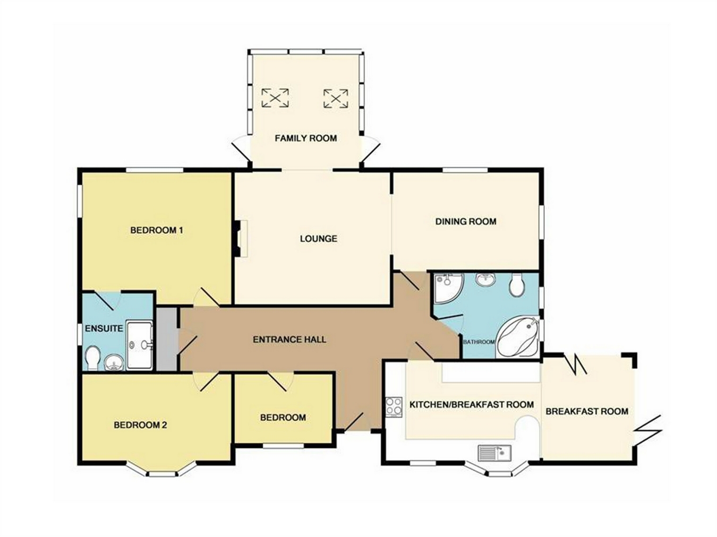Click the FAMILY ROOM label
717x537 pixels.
[305, 138]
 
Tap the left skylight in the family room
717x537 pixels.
[275, 98]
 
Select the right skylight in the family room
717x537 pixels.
[336, 98]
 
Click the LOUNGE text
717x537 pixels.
[318, 239]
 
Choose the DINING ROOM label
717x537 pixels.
[466, 221]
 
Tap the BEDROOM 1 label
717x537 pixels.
[157, 230]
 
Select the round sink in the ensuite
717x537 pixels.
[114, 363]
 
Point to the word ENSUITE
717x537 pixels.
[104, 328]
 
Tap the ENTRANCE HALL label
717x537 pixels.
[289, 340]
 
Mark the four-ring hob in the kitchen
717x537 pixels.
[394, 407]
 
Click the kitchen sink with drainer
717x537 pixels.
[494, 453]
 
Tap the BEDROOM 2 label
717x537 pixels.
[141, 425]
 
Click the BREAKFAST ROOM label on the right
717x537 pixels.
[587, 411]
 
